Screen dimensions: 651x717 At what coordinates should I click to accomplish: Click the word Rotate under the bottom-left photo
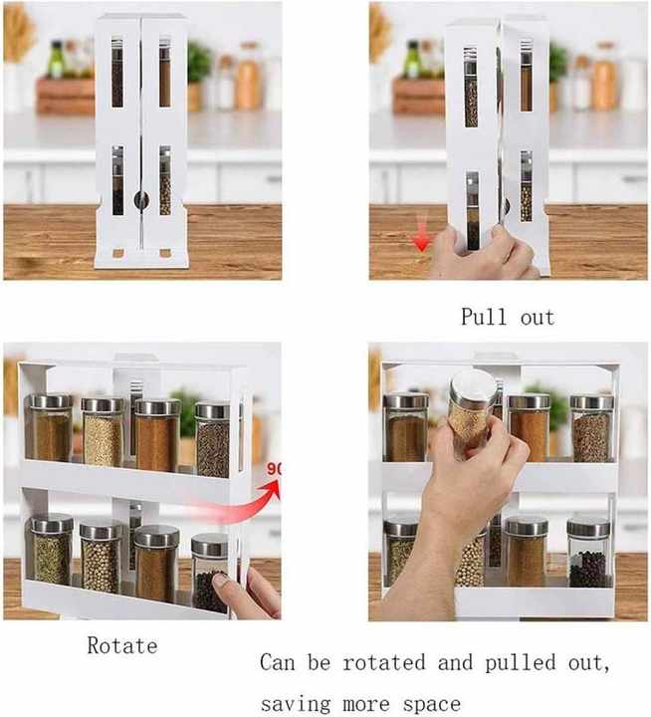point(122,645)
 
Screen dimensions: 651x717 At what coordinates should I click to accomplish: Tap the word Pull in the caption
point(484,317)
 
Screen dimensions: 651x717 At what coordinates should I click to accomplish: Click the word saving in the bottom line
point(296,704)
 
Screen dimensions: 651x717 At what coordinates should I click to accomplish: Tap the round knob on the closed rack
point(141,199)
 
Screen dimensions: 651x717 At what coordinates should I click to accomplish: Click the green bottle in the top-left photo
point(56,60)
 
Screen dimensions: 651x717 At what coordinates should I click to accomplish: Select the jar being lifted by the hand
point(472,407)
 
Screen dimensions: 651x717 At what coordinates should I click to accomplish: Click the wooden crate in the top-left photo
point(66,96)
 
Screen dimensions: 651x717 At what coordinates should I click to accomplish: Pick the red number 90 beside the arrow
point(274,469)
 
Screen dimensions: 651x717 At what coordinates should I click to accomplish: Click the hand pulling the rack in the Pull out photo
point(485,254)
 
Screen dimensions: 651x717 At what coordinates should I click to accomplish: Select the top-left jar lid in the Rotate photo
point(51,401)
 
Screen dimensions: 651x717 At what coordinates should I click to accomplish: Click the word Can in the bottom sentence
point(278,662)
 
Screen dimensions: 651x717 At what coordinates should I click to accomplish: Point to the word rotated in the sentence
point(384,662)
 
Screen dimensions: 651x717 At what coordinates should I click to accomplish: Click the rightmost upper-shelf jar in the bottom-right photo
point(591,428)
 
